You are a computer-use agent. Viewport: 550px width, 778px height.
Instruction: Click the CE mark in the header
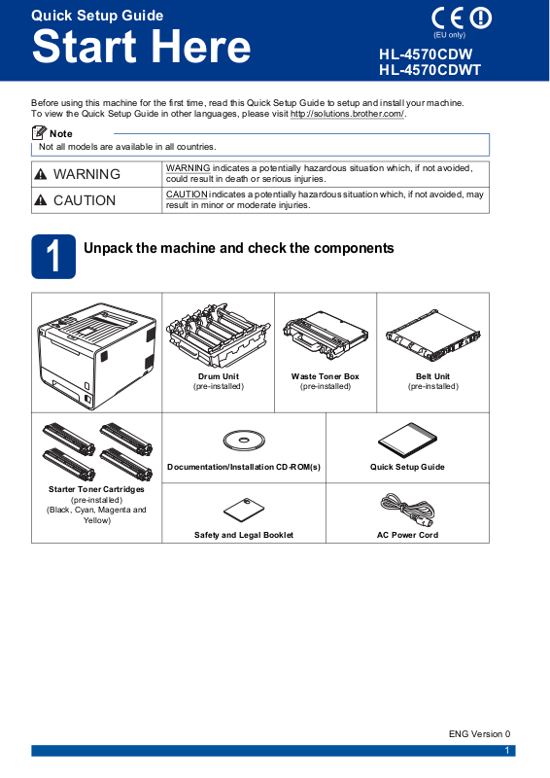click(x=448, y=18)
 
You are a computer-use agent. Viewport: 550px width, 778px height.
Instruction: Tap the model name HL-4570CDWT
click(x=430, y=70)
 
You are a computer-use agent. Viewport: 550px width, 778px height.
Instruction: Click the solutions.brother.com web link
click(x=347, y=114)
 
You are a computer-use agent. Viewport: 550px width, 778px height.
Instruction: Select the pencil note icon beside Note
click(x=39, y=133)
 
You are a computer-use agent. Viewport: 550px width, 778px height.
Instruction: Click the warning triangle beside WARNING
click(x=41, y=174)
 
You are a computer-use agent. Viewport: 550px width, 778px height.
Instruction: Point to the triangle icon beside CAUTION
click(x=41, y=200)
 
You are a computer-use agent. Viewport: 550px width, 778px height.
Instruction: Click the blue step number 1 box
click(x=53, y=257)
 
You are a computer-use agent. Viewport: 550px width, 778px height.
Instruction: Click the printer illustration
click(x=97, y=355)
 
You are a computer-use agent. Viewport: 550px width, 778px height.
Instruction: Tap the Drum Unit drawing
click(x=219, y=337)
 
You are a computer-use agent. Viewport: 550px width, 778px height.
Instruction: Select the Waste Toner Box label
click(x=326, y=376)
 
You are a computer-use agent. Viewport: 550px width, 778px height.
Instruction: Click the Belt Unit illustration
click(x=433, y=336)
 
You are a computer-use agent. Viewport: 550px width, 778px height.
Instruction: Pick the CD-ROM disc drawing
click(x=244, y=441)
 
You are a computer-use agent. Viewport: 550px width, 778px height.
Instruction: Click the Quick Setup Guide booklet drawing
click(x=407, y=441)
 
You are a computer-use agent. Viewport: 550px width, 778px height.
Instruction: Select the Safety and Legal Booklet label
click(x=244, y=535)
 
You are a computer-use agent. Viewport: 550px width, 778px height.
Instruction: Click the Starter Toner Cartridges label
click(x=96, y=489)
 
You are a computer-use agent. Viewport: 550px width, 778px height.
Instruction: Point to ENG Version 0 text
click(x=480, y=734)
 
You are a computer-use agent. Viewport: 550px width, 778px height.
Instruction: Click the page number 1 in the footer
click(x=507, y=751)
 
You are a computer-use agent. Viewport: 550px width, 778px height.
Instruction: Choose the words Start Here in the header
click(x=141, y=46)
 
